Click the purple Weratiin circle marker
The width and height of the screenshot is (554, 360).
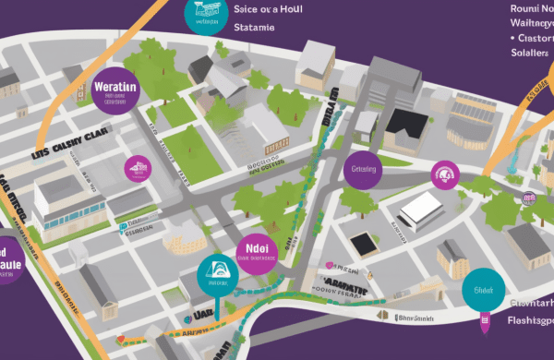[115, 92]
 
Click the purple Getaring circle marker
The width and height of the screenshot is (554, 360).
[363, 170]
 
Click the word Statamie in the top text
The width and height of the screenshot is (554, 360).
[255, 27]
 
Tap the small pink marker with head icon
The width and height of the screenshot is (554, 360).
[446, 173]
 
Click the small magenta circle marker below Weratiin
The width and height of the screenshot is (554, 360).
[137, 167]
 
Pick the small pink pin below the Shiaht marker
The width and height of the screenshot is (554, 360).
[484, 322]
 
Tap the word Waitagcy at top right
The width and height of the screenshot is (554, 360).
[532, 22]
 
